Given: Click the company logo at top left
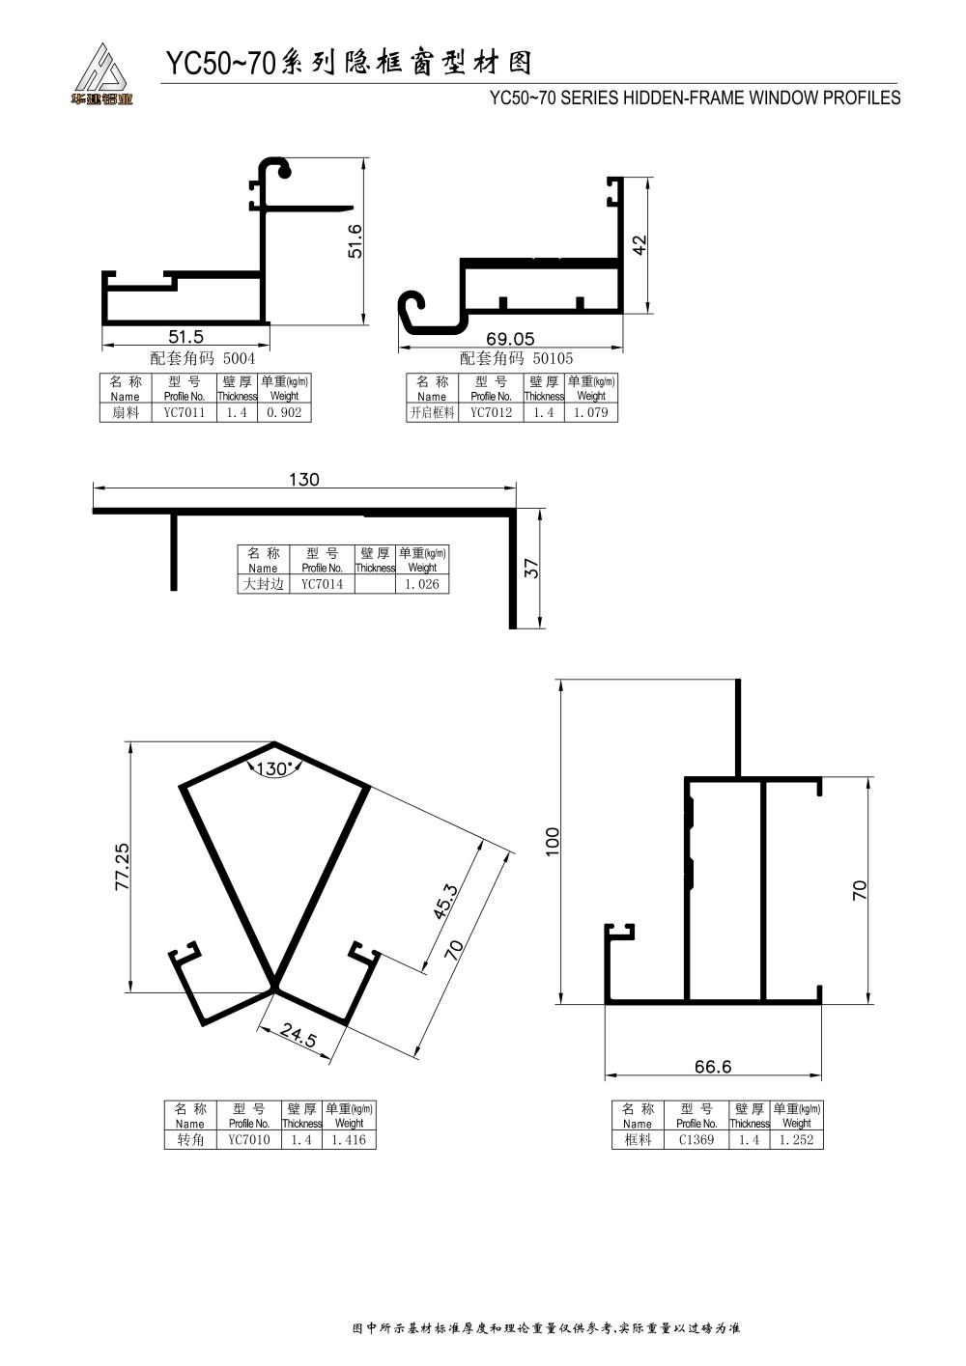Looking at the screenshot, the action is tap(101, 73).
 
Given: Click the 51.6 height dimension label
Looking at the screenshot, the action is tap(355, 241).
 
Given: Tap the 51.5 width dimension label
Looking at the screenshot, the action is tap(185, 336).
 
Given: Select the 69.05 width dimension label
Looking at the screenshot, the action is tap(510, 339).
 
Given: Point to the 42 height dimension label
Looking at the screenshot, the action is tap(639, 245).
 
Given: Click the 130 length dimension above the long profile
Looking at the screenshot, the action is tap(304, 480).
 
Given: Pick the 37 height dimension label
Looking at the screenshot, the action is tap(532, 569).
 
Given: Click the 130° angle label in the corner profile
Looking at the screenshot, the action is tap(272, 768).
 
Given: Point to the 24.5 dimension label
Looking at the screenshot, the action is tap(298, 1034).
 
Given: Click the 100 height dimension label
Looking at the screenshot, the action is tap(553, 842).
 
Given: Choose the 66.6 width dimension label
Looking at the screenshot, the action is tap(713, 1067).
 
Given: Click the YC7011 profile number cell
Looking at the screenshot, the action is tap(185, 413).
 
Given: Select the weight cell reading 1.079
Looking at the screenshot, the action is tap(590, 413).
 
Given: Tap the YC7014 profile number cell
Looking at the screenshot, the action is tap(323, 584).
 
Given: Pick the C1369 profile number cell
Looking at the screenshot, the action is tap(696, 1140).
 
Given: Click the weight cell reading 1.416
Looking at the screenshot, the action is tap(349, 1140).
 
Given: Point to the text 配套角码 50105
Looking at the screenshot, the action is tap(516, 358).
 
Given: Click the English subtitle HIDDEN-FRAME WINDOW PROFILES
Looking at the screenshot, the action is tap(761, 98).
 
